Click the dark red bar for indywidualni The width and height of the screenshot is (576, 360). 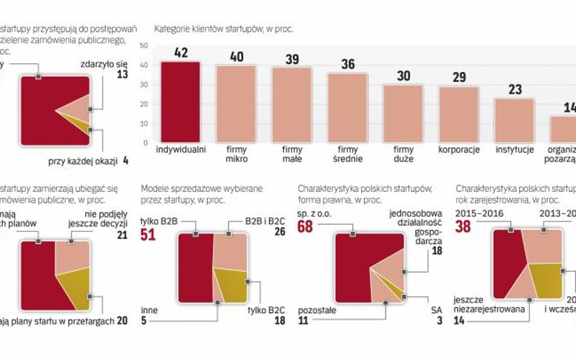coord(180,101)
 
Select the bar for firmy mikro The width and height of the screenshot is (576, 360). coord(236,103)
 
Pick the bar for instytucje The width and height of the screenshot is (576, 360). coord(514,120)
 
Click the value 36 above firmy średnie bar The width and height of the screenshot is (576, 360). coord(347,64)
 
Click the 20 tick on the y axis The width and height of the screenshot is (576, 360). coord(144,104)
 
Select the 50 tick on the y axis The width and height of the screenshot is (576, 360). coord(144,46)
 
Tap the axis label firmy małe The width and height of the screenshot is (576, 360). coord(292,154)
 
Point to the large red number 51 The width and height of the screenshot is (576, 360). coord(148,234)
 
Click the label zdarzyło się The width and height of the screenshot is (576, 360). coord(104,63)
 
